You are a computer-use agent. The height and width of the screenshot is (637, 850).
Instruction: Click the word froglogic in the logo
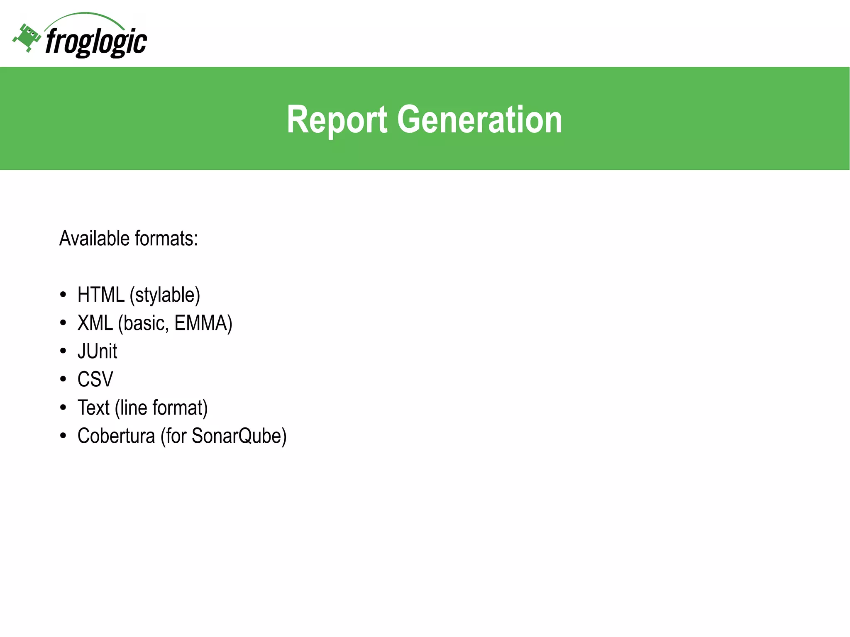click(x=96, y=42)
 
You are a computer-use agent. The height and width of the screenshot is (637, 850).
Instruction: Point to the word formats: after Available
click(x=166, y=239)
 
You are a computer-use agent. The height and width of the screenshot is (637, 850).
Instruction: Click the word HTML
click(x=101, y=295)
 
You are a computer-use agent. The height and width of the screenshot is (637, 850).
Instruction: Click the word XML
click(x=95, y=323)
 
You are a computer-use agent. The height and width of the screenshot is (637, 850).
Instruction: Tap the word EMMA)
click(x=203, y=323)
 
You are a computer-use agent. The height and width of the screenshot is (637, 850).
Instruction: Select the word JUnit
click(x=98, y=351)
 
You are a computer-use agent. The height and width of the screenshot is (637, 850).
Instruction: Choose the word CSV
click(x=95, y=379)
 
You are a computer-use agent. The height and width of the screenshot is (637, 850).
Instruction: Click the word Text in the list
click(x=93, y=408)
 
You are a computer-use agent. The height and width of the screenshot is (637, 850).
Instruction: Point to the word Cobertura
click(x=116, y=436)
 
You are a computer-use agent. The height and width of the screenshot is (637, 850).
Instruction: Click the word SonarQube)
click(x=239, y=436)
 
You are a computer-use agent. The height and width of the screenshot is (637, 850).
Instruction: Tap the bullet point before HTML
click(x=63, y=295)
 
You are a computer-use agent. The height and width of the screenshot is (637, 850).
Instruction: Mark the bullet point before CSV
click(x=63, y=379)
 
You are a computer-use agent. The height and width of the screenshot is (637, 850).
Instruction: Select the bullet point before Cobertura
click(x=63, y=436)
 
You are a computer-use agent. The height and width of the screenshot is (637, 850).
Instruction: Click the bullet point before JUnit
click(x=63, y=351)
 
